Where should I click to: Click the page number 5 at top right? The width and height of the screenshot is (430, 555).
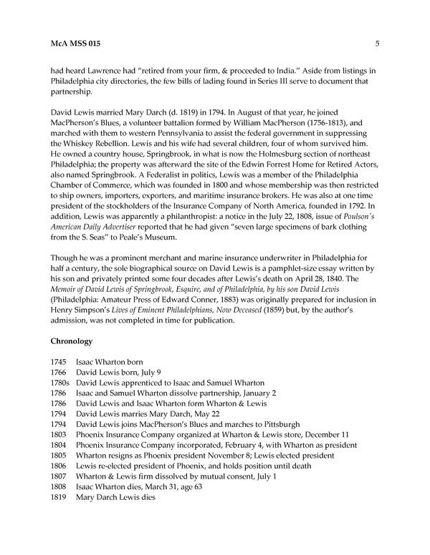[376, 44]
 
